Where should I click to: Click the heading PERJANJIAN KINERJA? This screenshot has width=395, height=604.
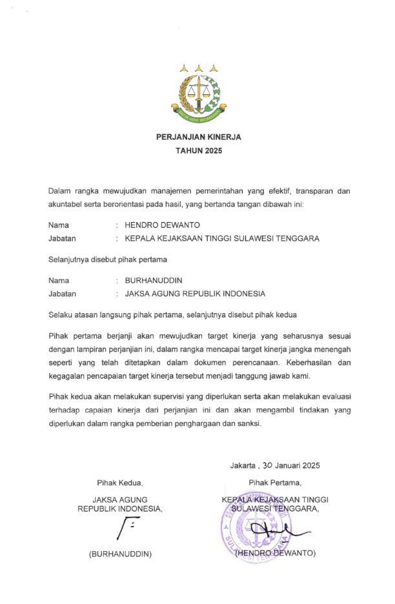click(198, 137)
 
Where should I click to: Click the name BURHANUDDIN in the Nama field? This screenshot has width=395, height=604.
click(153, 281)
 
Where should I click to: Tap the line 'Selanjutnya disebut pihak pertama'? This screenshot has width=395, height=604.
click(107, 259)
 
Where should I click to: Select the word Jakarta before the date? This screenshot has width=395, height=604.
click(243, 465)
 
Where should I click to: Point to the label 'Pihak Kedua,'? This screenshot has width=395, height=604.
click(119, 482)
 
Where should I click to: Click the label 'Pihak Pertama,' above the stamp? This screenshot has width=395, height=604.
click(274, 482)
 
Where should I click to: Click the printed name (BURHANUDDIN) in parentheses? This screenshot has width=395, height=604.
click(120, 554)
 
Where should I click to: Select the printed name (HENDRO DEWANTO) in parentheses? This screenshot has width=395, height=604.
click(275, 553)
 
